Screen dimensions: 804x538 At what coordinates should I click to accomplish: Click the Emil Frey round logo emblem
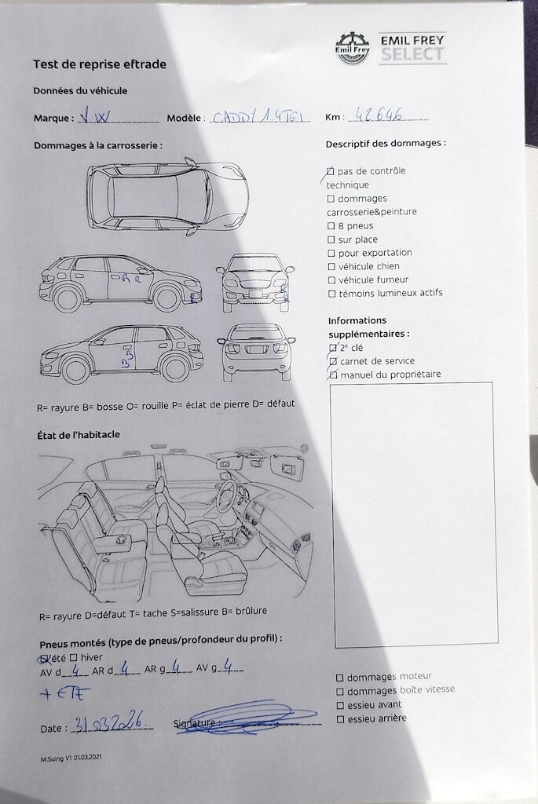point(353,48)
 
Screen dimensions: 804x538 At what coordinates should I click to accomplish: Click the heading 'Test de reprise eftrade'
point(100,64)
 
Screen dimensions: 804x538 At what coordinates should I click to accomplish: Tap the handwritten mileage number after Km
point(379,115)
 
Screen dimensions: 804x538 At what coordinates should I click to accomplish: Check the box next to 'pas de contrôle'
point(331,171)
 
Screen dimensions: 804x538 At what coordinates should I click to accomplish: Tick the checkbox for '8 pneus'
point(331,226)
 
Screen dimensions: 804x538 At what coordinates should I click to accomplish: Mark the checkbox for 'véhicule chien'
point(331,267)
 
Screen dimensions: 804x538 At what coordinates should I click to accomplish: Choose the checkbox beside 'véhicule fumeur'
point(331,280)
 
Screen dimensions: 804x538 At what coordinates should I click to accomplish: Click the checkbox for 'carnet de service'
point(333,361)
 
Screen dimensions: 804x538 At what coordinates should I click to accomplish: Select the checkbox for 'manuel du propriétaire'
point(333,375)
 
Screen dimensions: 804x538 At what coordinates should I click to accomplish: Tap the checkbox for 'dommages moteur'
point(339,677)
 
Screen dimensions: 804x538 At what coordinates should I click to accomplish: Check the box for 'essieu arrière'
point(339,718)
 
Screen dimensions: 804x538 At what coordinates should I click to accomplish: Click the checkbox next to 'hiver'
point(73,657)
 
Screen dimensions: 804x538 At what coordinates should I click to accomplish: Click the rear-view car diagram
point(256,352)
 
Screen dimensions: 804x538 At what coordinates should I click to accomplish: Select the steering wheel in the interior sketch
point(231,495)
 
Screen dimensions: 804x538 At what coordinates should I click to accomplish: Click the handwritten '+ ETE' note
point(65,693)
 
